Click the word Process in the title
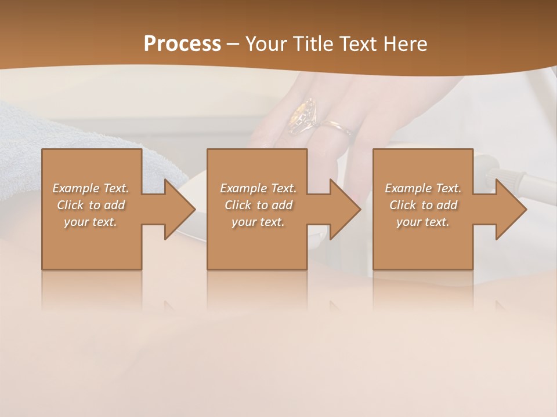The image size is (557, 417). click(182, 44)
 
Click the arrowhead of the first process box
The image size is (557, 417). click(179, 209)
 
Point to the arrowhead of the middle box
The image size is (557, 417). click(345, 209)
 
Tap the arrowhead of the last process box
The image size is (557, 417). click(511, 209)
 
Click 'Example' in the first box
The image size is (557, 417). click(76, 188)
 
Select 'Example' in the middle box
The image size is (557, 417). click(244, 188)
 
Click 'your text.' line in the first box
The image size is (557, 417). click(91, 222)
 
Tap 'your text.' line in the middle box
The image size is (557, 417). click(258, 222)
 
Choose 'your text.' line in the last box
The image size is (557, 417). click(423, 222)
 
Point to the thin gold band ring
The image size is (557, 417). click(335, 126)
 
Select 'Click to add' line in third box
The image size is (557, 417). click(424, 205)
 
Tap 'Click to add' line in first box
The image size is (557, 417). click(91, 205)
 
